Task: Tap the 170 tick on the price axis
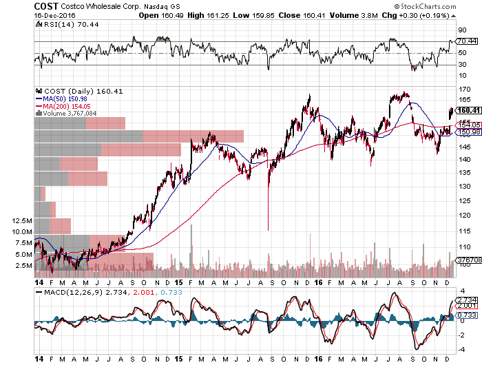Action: coord(463,89)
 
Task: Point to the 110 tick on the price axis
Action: coord(463,247)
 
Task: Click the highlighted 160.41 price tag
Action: coord(468,110)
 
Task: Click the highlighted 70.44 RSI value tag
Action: coord(467,41)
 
